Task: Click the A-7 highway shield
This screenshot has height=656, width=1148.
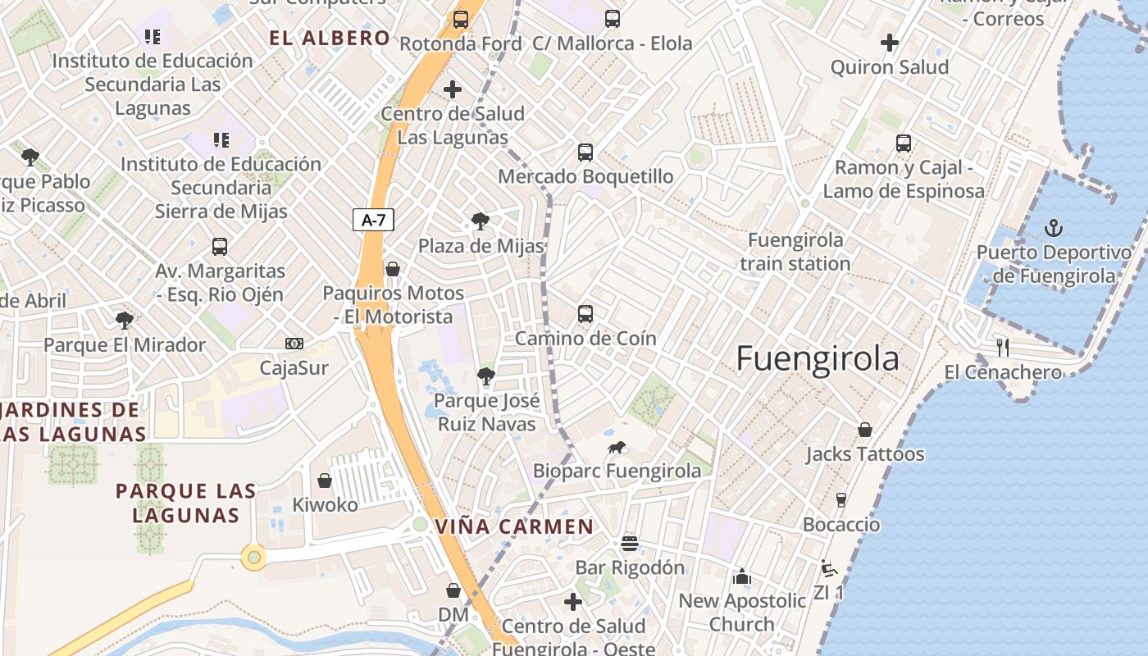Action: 373,220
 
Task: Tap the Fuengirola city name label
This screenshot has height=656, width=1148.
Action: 818,359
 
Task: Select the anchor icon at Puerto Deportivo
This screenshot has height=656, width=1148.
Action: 1054,228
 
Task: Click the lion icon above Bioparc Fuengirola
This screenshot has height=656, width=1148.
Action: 617,447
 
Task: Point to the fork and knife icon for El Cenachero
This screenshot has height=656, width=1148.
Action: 1002,347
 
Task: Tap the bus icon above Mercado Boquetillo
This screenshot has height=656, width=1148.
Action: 585,152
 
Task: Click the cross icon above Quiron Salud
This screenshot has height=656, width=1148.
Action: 890,43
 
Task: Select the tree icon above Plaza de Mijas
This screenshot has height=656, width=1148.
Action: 481,221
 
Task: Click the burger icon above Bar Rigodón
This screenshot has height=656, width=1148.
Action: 630,543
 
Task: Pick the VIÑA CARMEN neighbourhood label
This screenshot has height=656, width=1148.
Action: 514,526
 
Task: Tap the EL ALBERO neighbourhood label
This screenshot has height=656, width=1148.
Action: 330,38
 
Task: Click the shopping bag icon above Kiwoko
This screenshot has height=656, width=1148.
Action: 325,481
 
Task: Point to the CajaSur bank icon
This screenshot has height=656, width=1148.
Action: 294,344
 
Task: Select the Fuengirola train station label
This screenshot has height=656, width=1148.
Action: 795,252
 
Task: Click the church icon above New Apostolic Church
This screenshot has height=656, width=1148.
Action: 742,576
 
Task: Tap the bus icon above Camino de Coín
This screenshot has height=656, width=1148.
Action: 585,313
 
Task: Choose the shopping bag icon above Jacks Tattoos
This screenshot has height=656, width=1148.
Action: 864,430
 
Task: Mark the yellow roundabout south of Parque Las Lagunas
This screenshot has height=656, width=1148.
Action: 254,558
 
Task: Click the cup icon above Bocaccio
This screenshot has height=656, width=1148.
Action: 840,500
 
